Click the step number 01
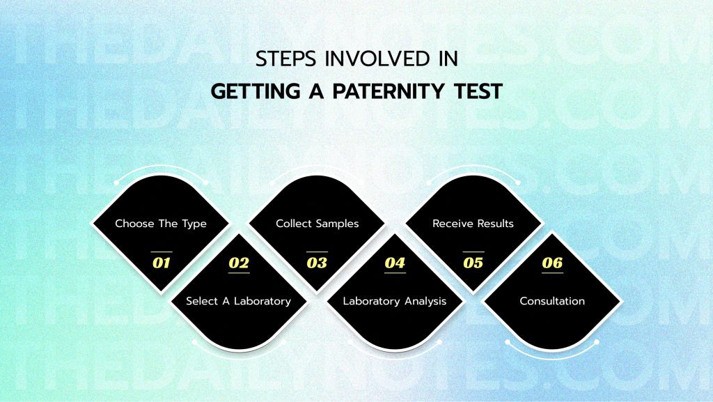coord(161,263)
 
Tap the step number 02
coord(239,263)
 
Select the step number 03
coord(317,263)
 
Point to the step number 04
coord(395,263)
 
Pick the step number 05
coord(473,263)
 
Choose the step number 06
coord(551,263)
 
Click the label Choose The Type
coord(161,224)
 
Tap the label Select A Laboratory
coord(238,301)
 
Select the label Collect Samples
coord(318,224)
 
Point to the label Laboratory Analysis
coord(395,301)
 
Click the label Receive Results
coord(473,224)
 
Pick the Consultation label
coord(552,301)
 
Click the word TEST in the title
coord(477,91)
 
